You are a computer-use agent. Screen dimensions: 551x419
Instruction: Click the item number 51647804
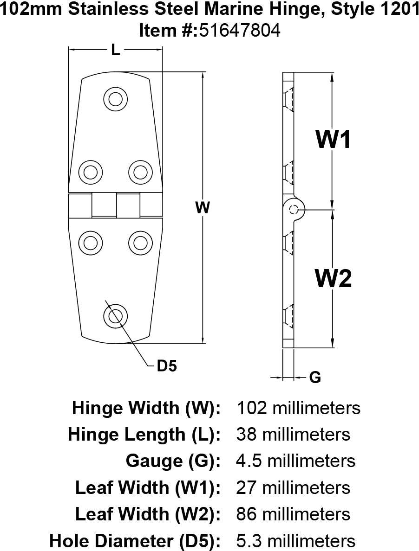pyautogui.click(x=240, y=31)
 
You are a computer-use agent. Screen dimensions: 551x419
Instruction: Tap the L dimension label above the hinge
pyautogui.click(x=115, y=50)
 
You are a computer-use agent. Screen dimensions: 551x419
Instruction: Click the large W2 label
pyautogui.click(x=333, y=278)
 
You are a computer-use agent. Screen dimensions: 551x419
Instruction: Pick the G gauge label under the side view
pyautogui.click(x=315, y=378)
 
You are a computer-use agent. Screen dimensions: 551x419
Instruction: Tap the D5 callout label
pyautogui.click(x=167, y=366)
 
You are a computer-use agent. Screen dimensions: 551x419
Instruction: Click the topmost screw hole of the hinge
pyautogui.click(x=115, y=99)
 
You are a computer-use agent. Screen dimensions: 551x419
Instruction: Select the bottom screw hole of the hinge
pyautogui.click(x=115, y=316)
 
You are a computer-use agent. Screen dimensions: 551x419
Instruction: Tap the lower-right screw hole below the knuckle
pyautogui.click(x=140, y=243)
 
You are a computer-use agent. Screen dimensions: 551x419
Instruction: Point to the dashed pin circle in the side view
pyautogui.click(x=294, y=210)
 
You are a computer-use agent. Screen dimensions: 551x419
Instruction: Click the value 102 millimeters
pyautogui.click(x=298, y=408)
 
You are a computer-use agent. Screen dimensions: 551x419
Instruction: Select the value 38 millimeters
pyautogui.click(x=293, y=435)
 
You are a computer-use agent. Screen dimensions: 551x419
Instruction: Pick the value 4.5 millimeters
pyautogui.click(x=296, y=461)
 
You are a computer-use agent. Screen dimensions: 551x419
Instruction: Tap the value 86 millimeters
pyautogui.click(x=293, y=514)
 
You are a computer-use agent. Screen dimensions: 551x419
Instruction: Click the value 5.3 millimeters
pyautogui.click(x=296, y=540)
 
